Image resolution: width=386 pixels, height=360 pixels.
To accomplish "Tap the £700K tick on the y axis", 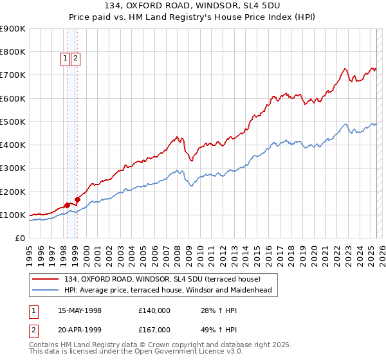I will [13, 75].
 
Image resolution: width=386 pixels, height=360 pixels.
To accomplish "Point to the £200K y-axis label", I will [13, 192].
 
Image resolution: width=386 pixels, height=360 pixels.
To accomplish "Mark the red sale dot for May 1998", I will [67, 205].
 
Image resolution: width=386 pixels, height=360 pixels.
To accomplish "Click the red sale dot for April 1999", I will [77, 199].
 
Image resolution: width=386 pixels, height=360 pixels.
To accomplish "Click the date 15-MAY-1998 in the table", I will [80, 310].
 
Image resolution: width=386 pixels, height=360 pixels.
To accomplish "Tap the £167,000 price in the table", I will [154, 329].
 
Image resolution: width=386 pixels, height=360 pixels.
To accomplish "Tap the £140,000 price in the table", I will [154, 310].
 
